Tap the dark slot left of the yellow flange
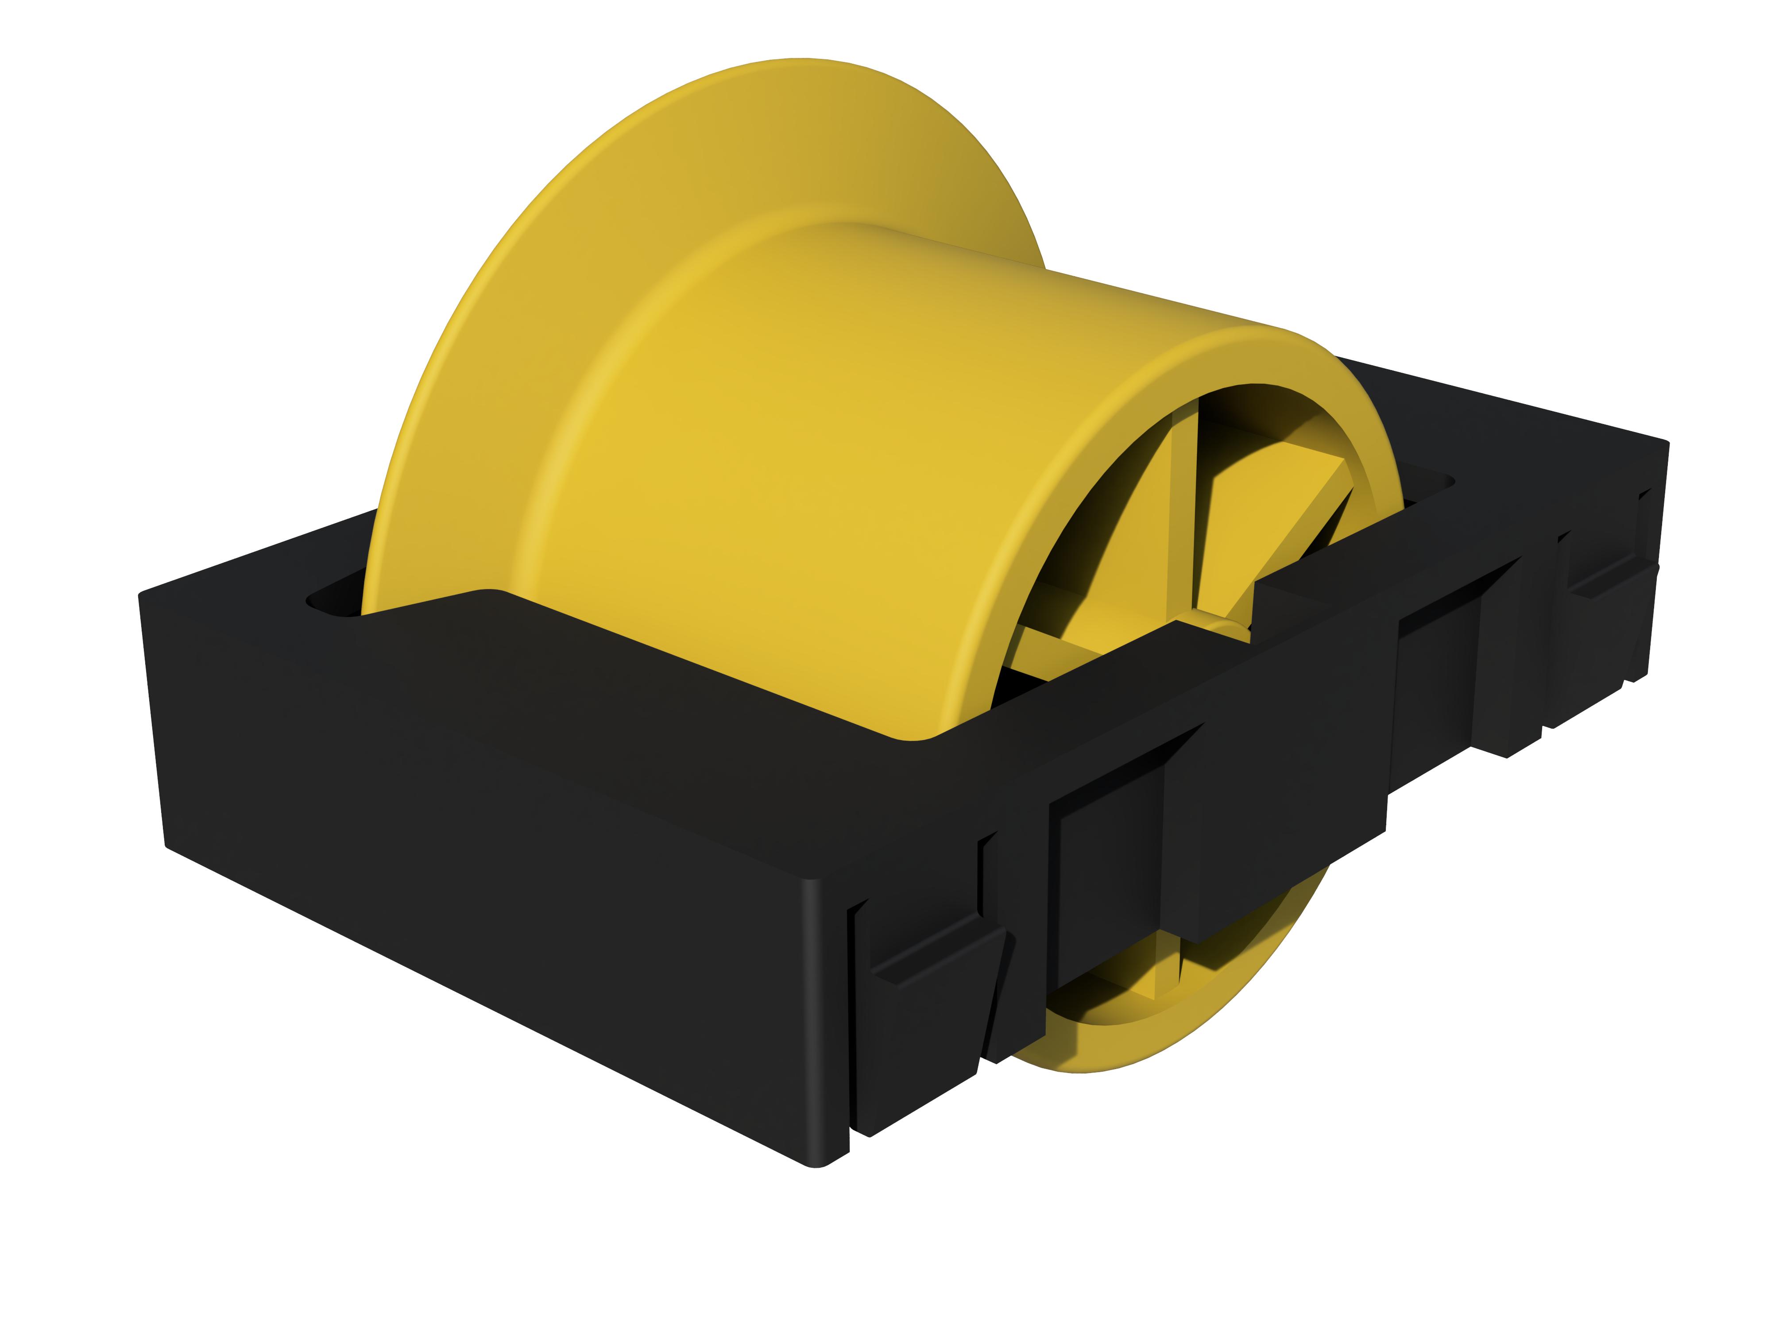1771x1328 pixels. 332,602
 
